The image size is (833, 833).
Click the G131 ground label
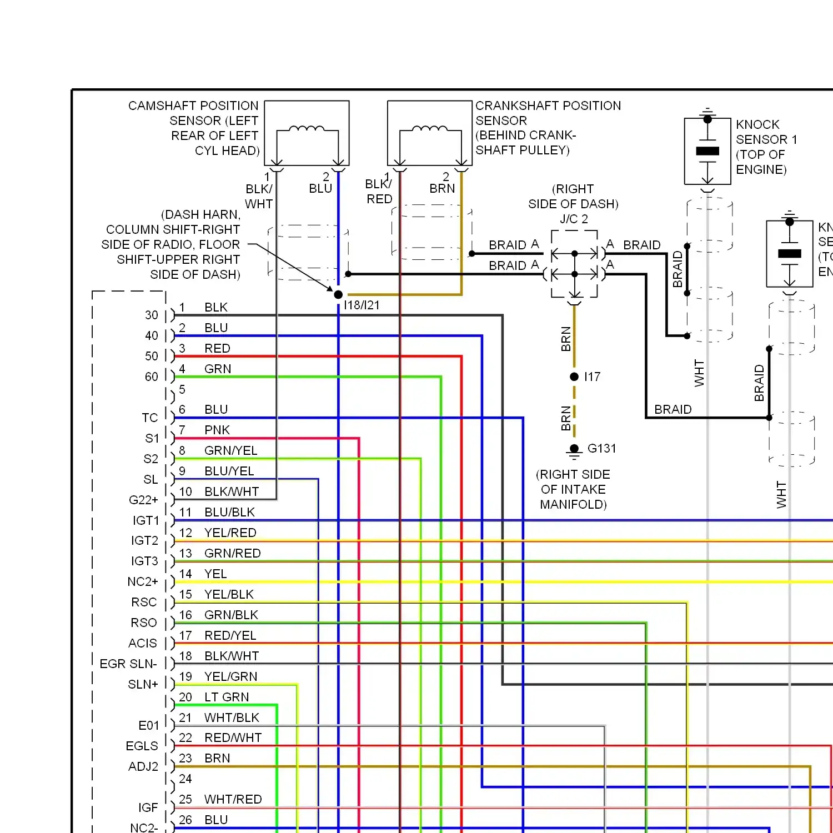[x=601, y=448]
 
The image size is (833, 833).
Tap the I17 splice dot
[x=574, y=377]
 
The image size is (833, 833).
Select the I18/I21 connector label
[x=362, y=305]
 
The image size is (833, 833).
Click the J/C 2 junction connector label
[x=574, y=219]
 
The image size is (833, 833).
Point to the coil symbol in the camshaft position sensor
[x=307, y=129]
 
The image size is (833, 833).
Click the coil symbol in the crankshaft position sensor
[x=430, y=129]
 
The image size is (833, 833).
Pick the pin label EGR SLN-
[x=128, y=664]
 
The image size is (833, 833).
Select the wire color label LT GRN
[x=227, y=697]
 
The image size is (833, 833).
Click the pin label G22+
[x=143, y=500]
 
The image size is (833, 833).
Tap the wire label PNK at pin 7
[x=217, y=430]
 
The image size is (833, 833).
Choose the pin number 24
[x=185, y=779]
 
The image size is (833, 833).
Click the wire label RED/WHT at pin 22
[x=233, y=737]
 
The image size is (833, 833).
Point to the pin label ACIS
[x=143, y=643]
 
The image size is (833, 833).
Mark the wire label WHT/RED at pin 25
[x=233, y=799]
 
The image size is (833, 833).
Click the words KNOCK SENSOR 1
[x=766, y=132]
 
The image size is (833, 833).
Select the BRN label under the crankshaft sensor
[x=442, y=188]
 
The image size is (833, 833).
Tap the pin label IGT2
[x=144, y=540]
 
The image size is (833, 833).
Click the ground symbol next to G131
[x=574, y=450]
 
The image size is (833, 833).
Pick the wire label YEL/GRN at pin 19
[x=230, y=676]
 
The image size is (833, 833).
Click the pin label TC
[x=150, y=418]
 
